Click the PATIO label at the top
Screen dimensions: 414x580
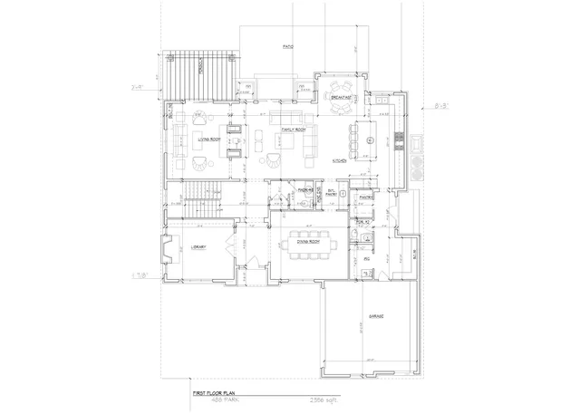click(288, 45)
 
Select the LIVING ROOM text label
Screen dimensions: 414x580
click(211, 140)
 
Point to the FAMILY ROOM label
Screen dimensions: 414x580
click(290, 130)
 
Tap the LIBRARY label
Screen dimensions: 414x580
click(199, 247)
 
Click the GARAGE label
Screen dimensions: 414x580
click(376, 316)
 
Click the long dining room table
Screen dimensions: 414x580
click(305, 245)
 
